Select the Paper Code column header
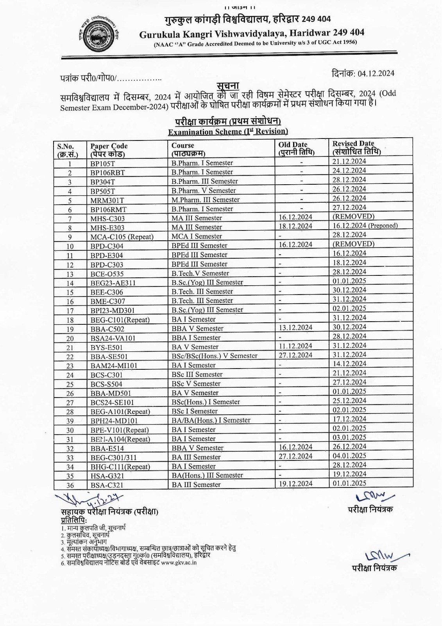coord(109,150)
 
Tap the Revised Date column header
coord(356,148)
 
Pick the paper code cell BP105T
coord(103,164)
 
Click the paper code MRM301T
coord(107,200)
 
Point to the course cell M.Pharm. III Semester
coord(205,200)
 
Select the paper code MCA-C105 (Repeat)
coord(122,237)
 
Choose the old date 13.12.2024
coord(295,328)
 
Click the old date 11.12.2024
coord(295,346)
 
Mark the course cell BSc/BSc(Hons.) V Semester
coord(215,356)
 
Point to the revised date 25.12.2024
coord(349,401)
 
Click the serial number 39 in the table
coord(70,421)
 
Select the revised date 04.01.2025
coord(349,456)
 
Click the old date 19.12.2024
coord(295,484)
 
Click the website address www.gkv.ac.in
coord(179,563)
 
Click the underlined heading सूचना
coord(228,86)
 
